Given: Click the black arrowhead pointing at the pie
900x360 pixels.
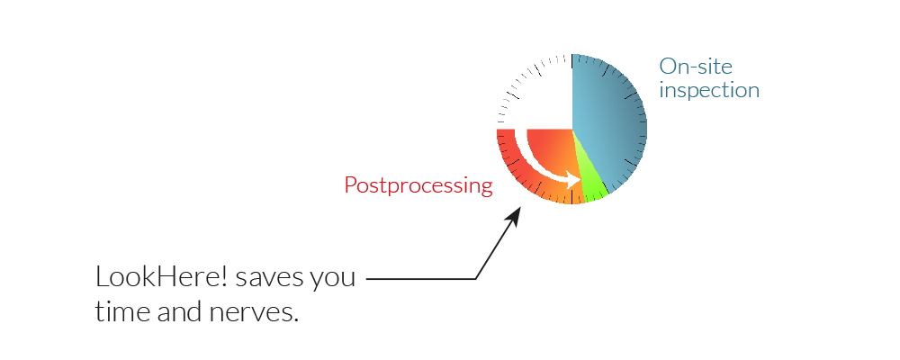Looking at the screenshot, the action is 514,216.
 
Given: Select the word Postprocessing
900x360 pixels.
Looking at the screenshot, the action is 418,185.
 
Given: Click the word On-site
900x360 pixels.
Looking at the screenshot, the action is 696,67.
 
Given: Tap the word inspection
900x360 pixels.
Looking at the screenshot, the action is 709,91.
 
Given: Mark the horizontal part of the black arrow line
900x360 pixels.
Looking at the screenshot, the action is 421,279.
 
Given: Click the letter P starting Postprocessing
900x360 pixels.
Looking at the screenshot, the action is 351,185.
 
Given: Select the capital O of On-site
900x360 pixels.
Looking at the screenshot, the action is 668,67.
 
